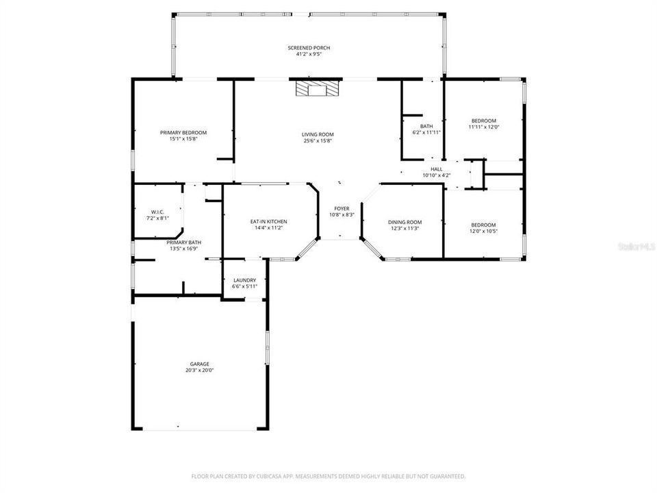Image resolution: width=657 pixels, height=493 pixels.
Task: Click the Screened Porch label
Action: [309, 48]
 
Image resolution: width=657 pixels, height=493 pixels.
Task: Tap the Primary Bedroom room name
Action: [183, 133]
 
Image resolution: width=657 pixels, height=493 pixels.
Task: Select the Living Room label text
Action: [318, 134]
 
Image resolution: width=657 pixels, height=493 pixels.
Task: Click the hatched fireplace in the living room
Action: [317, 89]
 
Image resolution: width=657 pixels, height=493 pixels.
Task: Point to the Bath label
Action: [426, 126]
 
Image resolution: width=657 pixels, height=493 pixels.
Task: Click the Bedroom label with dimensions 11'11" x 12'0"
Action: [482, 121]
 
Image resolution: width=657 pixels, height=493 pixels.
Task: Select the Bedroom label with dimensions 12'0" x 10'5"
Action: [483, 225]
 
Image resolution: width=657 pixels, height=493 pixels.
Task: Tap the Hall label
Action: [437, 169]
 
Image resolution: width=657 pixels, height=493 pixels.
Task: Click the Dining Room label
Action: [404, 222]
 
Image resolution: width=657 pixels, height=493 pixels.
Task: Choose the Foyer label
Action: [342, 208]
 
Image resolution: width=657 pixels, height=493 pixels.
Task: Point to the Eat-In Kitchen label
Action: [268, 222]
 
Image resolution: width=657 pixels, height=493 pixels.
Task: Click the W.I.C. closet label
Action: [159, 212]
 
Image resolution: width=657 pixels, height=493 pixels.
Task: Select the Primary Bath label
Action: [184, 242]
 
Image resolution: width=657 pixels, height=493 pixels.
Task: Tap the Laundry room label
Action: [244, 280]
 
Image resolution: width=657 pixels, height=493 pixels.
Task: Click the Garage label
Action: [199, 364]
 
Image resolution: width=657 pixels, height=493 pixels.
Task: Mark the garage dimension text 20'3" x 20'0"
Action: [199, 370]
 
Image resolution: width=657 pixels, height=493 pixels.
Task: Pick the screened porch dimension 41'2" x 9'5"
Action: [309, 54]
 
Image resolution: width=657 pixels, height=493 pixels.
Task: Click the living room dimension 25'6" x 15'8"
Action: [318, 141]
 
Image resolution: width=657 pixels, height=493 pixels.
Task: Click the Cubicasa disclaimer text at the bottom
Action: [328, 476]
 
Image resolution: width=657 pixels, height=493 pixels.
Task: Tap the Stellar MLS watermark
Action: [636, 244]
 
